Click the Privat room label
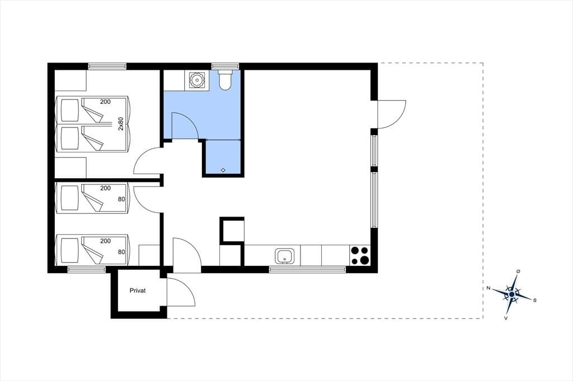(x=138, y=290)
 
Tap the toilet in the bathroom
(x=224, y=80)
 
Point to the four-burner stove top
(x=360, y=255)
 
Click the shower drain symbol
(x=223, y=170)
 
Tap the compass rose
(x=512, y=294)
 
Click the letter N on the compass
(x=488, y=288)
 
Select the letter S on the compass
(x=534, y=301)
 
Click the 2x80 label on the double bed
(x=121, y=123)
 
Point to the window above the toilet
(x=226, y=66)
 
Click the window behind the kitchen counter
(x=307, y=270)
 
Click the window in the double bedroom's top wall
(x=107, y=66)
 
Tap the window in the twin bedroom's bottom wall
(x=87, y=270)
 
